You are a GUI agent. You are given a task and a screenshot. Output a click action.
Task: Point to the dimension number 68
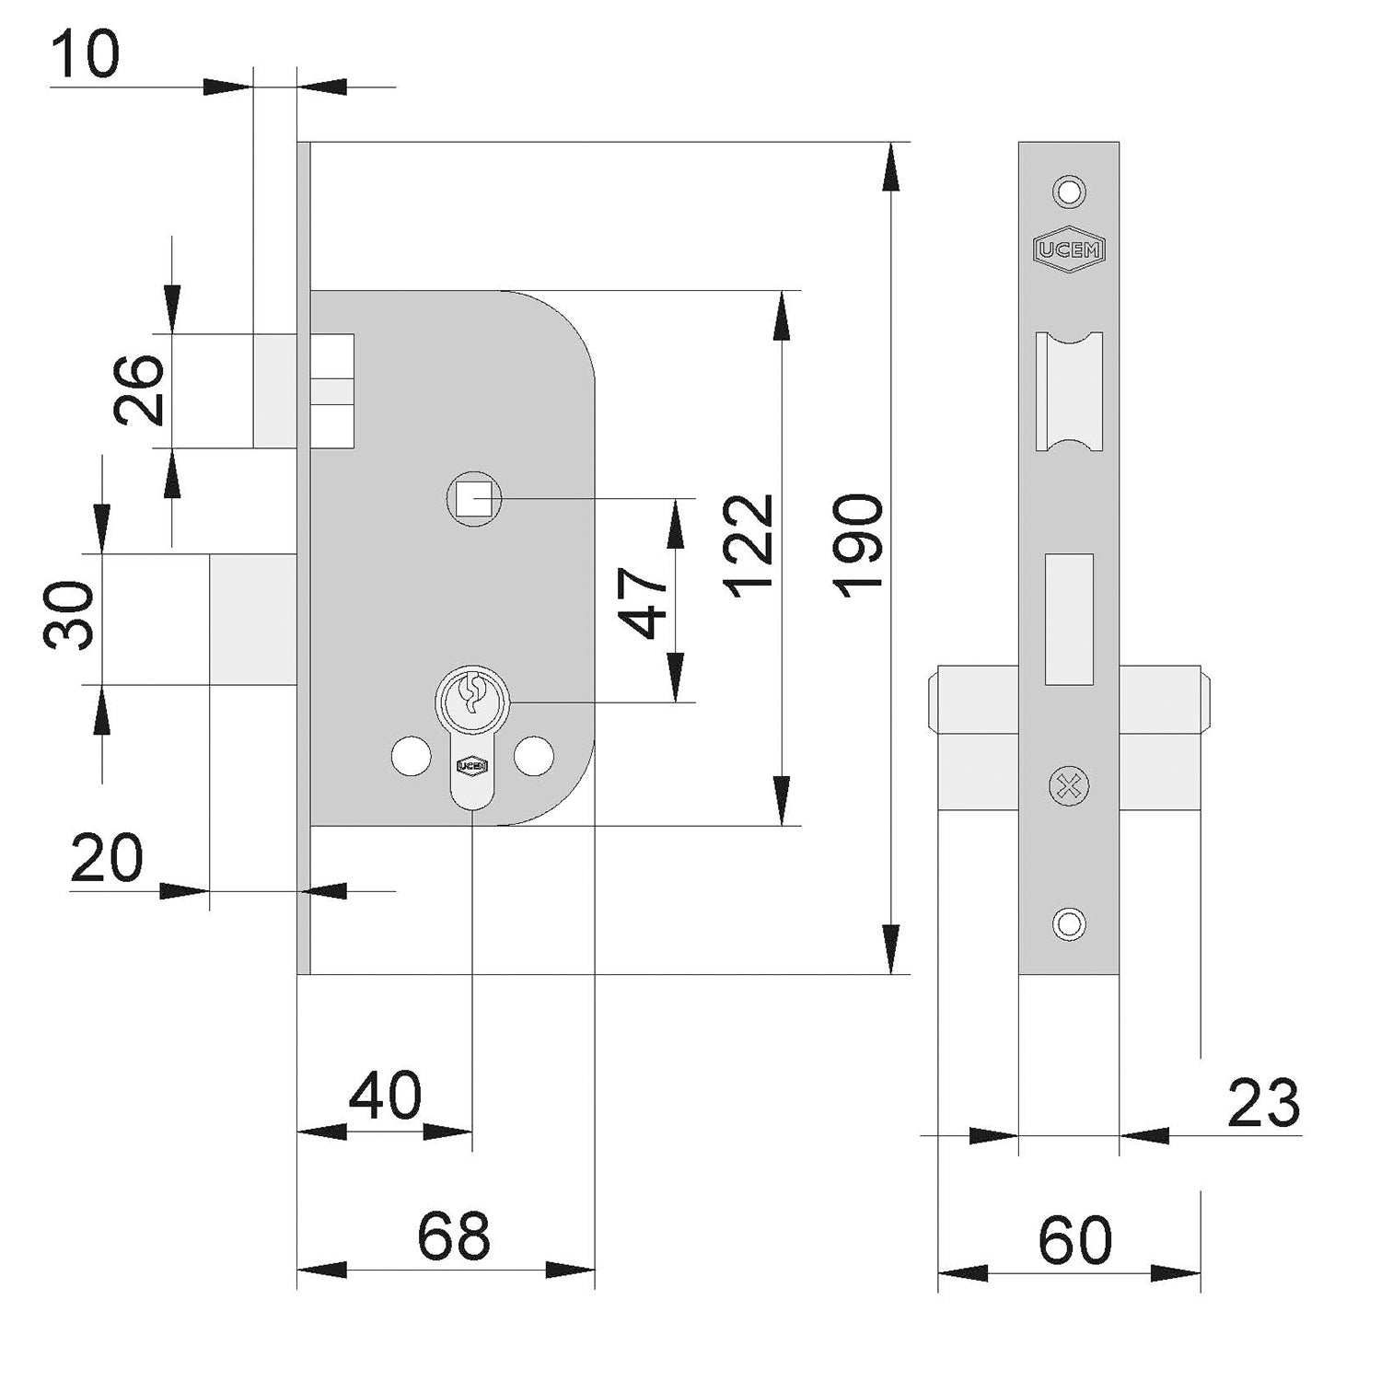453,1236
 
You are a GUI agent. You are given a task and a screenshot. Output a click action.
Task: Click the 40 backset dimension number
385,1096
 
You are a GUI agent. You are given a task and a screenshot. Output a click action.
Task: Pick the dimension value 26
140,390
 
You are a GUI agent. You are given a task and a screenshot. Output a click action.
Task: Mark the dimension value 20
107,858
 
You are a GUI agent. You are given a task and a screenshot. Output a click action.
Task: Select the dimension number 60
1074,1241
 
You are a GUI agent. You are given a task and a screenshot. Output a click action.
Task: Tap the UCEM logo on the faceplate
1069,249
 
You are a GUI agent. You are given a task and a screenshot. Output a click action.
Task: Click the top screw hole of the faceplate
1069,191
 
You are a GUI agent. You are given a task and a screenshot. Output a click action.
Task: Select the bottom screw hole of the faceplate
1069,923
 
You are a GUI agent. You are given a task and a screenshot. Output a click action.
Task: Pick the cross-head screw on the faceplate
1069,787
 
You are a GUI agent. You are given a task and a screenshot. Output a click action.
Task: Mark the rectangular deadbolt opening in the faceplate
1069,619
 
